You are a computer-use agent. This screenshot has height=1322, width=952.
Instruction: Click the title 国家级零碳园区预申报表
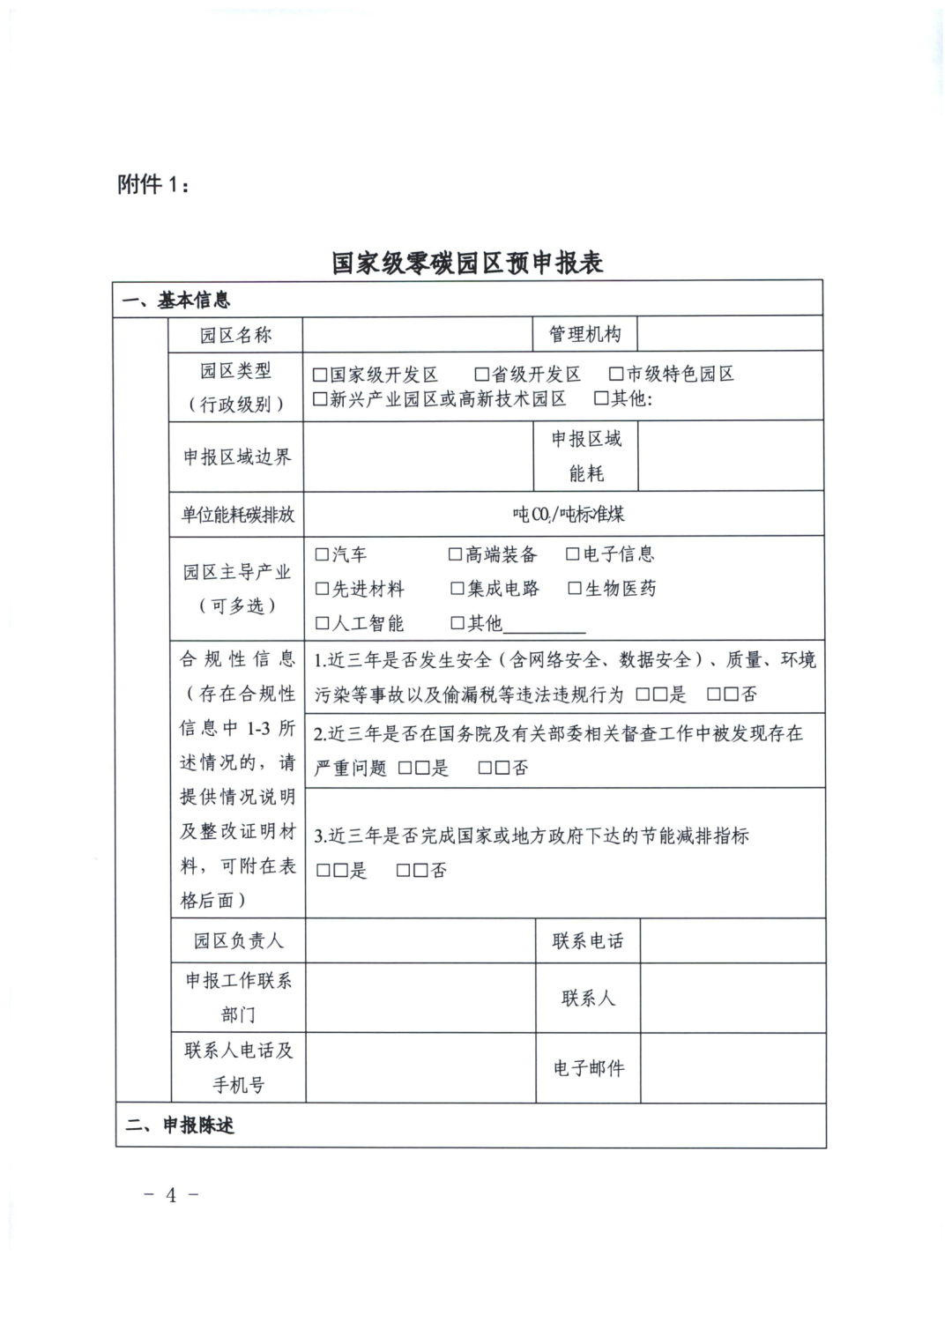tap(467, 263)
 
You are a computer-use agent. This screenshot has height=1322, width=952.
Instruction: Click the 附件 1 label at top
tap(152, 185)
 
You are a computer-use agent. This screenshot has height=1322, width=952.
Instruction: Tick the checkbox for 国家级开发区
tap(320, 375)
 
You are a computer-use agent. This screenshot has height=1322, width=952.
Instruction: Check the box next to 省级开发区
tap(481, 375)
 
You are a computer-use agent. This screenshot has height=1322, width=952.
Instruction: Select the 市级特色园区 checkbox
tap(617, 375)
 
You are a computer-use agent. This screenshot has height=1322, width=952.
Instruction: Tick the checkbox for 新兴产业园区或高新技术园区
tap(320, 399)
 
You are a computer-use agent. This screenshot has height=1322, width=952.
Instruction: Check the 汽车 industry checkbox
tap(323, 554)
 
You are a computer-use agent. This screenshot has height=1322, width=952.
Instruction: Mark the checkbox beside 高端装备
tap(456, 554)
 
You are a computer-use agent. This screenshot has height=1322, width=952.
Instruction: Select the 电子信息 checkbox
tap(573, 554)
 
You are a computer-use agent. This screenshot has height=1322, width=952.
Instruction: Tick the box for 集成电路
tap(457, 589)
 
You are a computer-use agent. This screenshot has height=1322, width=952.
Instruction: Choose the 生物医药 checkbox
tap(576, 589)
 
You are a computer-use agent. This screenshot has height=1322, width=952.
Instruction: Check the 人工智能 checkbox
tap(323, 624)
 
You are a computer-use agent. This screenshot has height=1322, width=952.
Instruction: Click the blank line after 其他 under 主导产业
tap(544, 626)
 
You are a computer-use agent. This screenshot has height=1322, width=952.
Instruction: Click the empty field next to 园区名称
tap(418, 335)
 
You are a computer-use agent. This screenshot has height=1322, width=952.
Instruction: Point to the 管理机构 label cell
tap(585, 335)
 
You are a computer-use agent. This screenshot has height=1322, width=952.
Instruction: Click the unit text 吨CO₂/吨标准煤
tap(569, 514)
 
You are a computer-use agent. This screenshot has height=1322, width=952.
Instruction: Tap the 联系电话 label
tap(588, 941)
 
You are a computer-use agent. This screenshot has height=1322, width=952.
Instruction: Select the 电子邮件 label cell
tap(588, 1068)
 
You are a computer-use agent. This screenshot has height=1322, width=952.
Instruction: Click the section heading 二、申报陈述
tap(180, 1125)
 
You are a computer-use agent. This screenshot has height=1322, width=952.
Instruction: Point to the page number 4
tap(171, 1195)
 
